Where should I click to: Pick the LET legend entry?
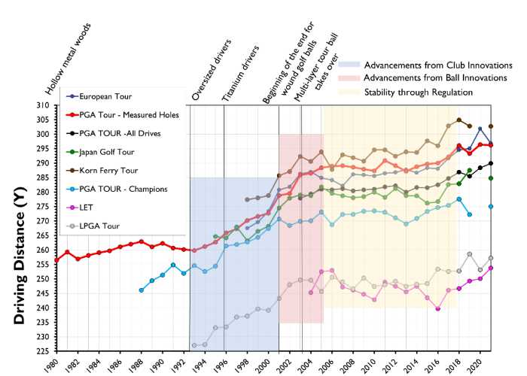coord(87,207)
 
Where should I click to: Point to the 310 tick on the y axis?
coord(46,105)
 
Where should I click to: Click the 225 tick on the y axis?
coord(46,350)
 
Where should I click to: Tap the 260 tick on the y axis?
coord(46,250)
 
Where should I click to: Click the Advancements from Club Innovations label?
coord(437,65)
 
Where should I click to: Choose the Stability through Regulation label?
coord(418,92)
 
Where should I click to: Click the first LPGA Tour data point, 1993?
coord(194,345)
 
